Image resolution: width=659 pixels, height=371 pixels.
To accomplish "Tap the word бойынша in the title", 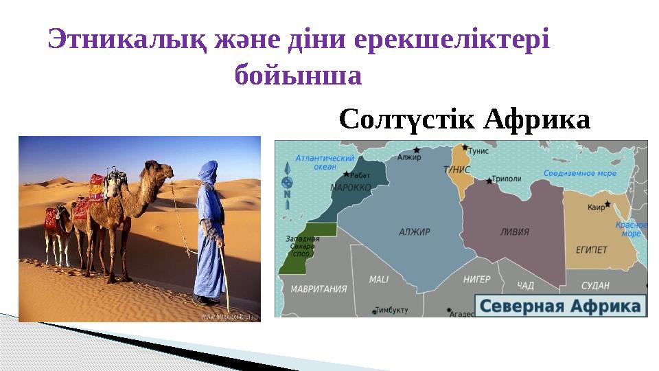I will click(x=297, y=75).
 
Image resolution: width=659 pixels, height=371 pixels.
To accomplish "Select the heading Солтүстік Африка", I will click(x=465, y=120).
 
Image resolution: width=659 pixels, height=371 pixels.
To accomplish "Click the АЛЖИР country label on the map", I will click(x=414, y=232).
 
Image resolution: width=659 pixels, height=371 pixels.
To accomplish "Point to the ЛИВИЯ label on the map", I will click(x=514, y=232).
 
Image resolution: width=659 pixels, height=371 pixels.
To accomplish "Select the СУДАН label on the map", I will click(x=595, y=284).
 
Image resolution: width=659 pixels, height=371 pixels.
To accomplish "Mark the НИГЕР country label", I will click(x=476, y=280).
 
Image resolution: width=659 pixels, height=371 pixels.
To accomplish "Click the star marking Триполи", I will click(x=489, y=181).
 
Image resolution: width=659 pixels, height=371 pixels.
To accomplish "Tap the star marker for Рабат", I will click(x=346, y=175).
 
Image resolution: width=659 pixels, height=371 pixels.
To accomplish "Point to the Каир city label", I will click(x=596, y=207).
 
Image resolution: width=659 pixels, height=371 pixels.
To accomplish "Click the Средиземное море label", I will click(x=579, y=174).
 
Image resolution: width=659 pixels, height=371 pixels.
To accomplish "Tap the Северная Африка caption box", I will click(x=560, y=306).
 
